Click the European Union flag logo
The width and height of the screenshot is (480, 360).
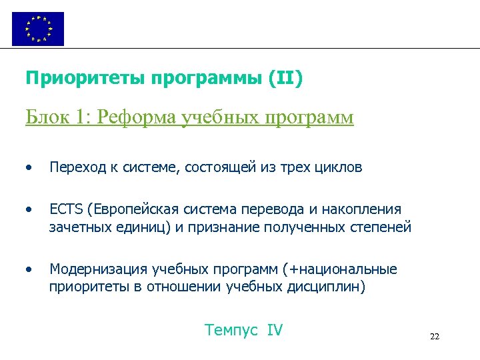[38, 29]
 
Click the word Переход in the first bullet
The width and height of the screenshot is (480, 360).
[74, 167]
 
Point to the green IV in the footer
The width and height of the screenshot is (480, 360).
[275, 329]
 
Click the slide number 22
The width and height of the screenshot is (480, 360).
[435, 336]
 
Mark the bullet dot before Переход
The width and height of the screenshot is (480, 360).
[28, 167]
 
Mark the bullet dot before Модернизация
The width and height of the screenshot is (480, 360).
[28, 269]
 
